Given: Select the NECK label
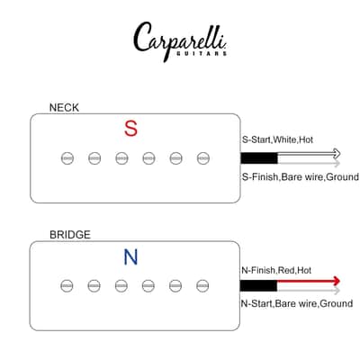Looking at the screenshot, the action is (x=64, y=108).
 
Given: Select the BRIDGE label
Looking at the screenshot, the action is (x=70, y=235).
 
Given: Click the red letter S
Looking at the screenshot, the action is (x=131, y=129).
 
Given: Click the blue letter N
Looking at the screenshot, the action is (x=130, y=257).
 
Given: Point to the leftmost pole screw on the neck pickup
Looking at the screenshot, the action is (x=67, y=158).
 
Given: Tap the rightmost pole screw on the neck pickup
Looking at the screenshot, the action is (x=203, y=158).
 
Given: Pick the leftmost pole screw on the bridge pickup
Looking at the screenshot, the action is (x=67, y=285).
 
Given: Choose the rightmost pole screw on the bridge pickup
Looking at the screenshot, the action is (x=202, y=285).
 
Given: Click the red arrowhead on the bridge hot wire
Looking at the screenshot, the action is (x=337, y=281).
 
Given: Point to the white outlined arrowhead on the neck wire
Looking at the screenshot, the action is (x=337, y=154).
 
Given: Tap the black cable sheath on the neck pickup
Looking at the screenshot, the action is (x=259, y=158).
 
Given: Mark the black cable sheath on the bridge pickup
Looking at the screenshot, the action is (x=258, y=285).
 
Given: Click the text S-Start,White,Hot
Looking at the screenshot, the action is (x=277, y=139).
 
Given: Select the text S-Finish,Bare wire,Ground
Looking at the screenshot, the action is (x=301, y=176).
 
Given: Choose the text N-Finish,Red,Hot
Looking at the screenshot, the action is (x=276, y=270).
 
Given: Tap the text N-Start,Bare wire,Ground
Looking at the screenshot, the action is (x=297, y=303).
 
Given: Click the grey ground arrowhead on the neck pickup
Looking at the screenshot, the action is (x=337, y=163).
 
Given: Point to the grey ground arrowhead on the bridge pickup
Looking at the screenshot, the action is (x=337, y=290).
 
